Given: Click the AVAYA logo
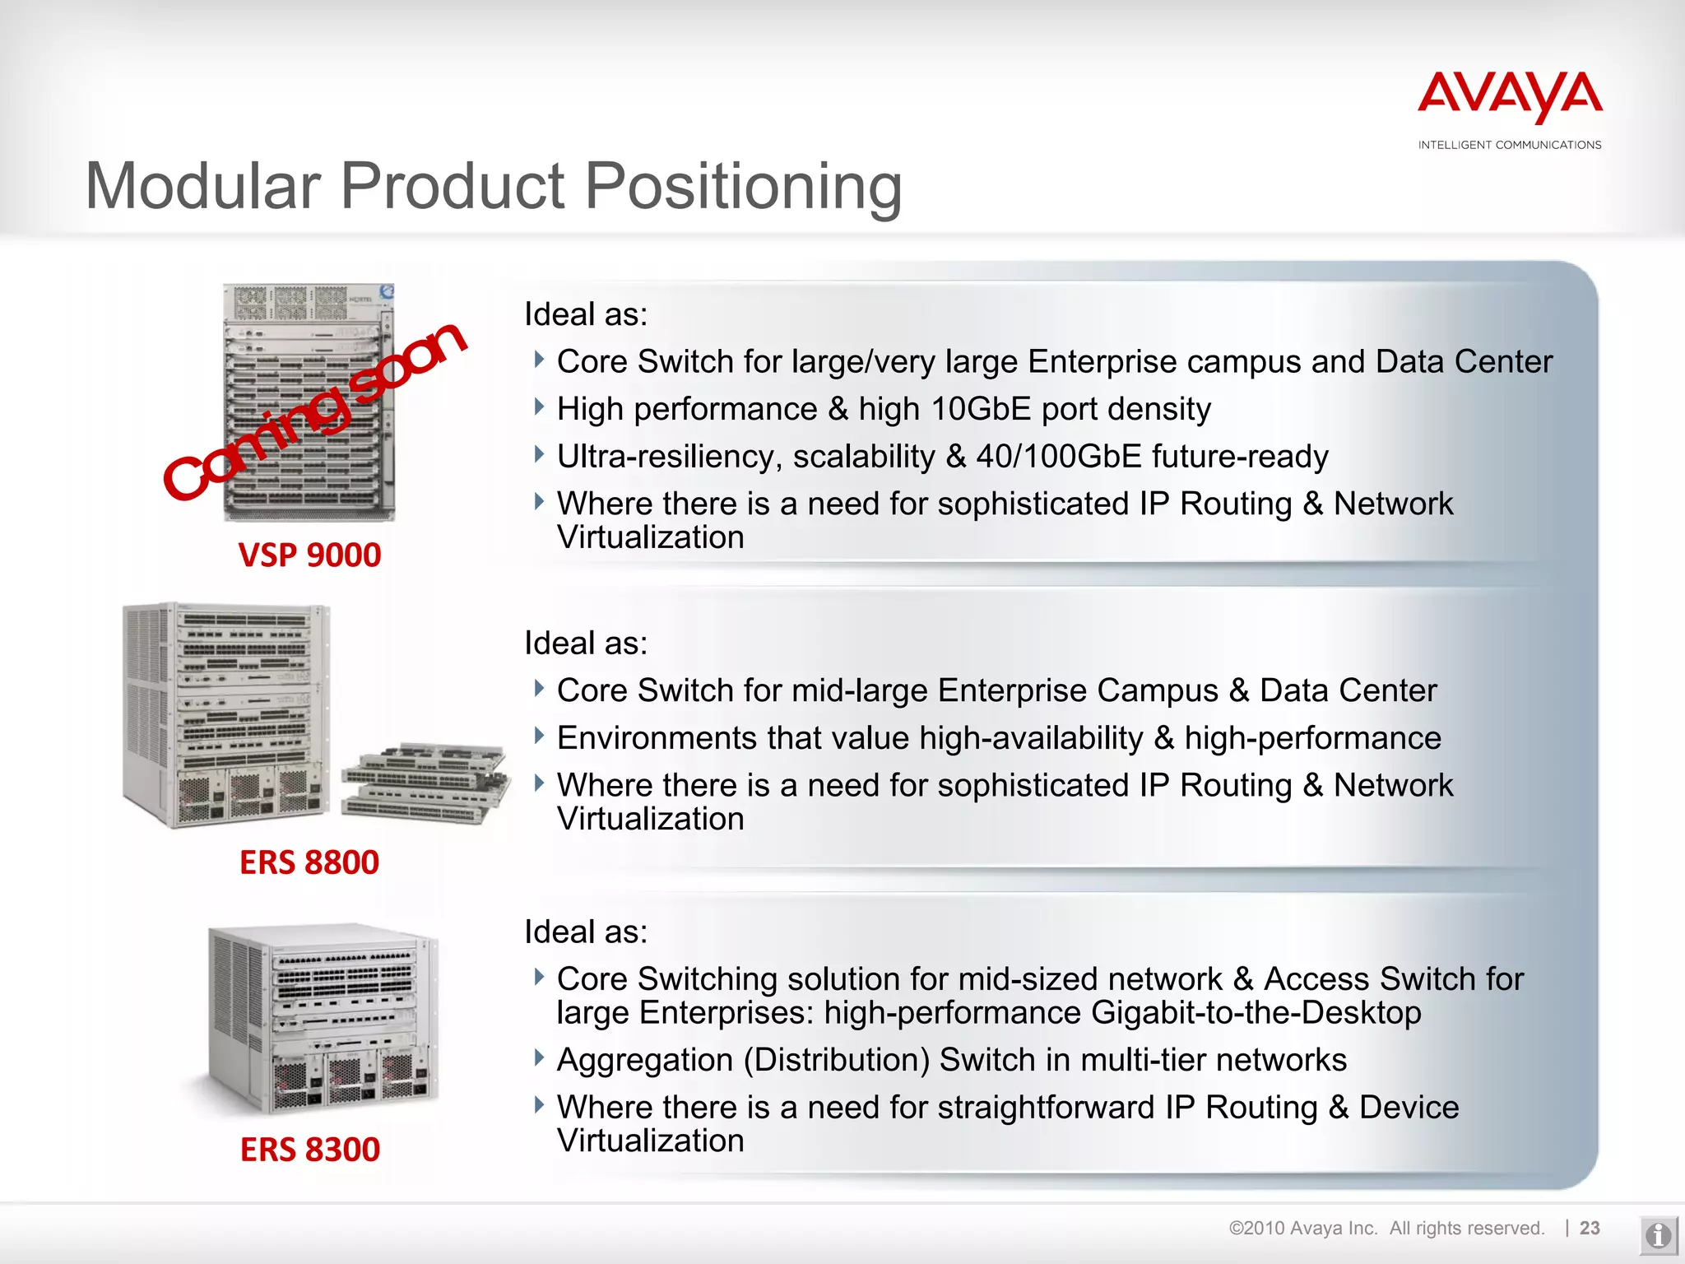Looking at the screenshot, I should pos(1510,98).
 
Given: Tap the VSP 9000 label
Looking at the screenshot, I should pos(309,555).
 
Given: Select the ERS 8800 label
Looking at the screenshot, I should pos(309,862).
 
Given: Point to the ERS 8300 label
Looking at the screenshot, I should pos(310,1150).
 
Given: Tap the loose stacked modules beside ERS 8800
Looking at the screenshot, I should pos(425,782).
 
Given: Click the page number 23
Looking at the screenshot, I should pos(1590,1228).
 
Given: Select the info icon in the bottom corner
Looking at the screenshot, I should pos(1657,1235).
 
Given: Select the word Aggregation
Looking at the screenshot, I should pos(644,1060).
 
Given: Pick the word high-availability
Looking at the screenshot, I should pos(1031,738).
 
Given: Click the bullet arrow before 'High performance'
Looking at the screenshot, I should pos(539,407).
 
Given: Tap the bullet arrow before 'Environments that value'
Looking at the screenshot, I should pos(539,735).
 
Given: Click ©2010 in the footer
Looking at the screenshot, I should pos(1256,1229).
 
